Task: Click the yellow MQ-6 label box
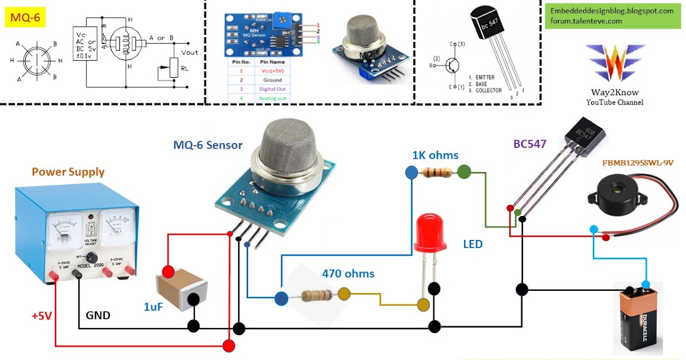click(x=25, y=17)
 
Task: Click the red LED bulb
click(x=429, y=231)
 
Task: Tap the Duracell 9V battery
click(x=644, y=321)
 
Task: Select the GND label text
click(x=98, y=315)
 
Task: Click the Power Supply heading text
click(x=68, y=171)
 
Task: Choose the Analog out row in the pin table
click(x=264, y=98)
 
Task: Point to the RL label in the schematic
click(x=184, y=68)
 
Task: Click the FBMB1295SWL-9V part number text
click(x=638, y=163)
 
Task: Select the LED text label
click(x=473, y=244)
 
